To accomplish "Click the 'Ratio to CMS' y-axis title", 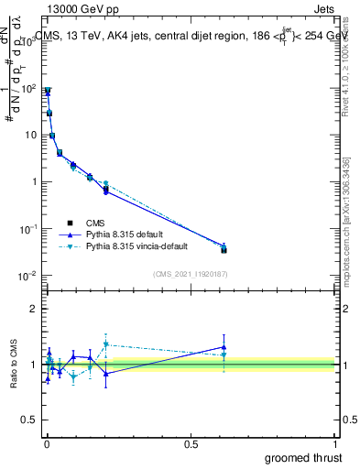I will [x=15, y=365].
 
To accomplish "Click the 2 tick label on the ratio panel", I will [x=33, y=309].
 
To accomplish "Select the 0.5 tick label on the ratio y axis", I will [x=29, y=421].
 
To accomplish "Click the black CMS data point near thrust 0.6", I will [x=224, y=249].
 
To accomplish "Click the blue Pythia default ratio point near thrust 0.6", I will [x=224, y=347].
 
